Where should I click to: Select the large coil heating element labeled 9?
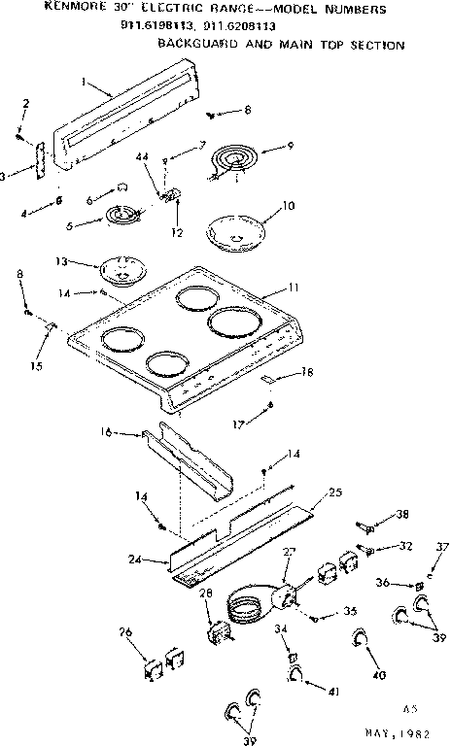[233, 158]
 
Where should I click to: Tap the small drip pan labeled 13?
[121, 264]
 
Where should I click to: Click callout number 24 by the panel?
[133, 559]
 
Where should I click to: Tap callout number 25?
[336, 493]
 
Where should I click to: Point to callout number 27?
[288, 554]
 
